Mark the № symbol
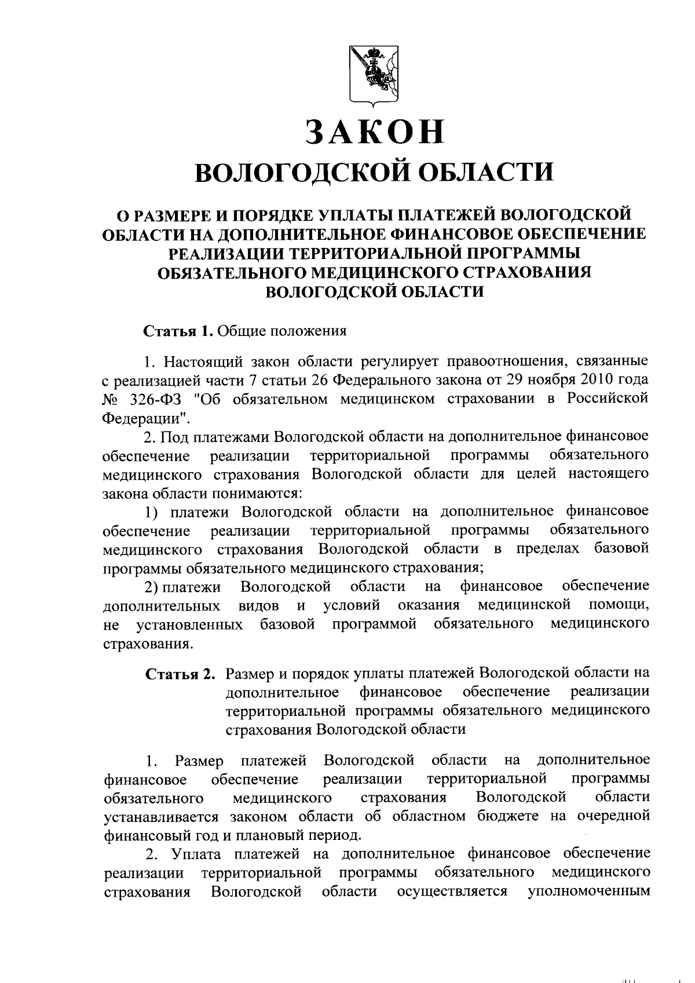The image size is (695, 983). (112, 400)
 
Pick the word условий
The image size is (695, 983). (352, 606)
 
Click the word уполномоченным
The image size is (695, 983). (588, 891)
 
